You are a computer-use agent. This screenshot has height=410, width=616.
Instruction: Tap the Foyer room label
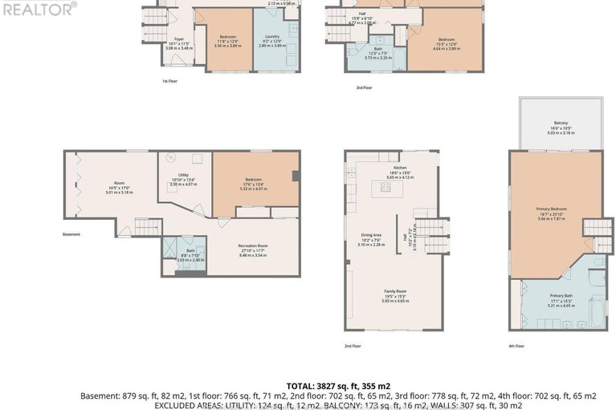click(x=180, y=39)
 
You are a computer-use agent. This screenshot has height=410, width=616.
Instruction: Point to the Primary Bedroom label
click(x=551, y=209)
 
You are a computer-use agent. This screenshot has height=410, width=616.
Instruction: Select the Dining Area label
click(x=370, y=234)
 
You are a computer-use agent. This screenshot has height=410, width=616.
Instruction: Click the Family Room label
click(x=394, y=291)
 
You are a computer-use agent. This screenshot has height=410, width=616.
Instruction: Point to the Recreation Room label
click(x=252, y=246)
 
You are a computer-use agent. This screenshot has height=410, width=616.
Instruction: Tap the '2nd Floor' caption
click(x=353, y=346)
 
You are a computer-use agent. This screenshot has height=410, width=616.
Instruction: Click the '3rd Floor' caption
click(x=365, y=87)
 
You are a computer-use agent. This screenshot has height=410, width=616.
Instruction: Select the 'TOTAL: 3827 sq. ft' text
click(x=338, y=386)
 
